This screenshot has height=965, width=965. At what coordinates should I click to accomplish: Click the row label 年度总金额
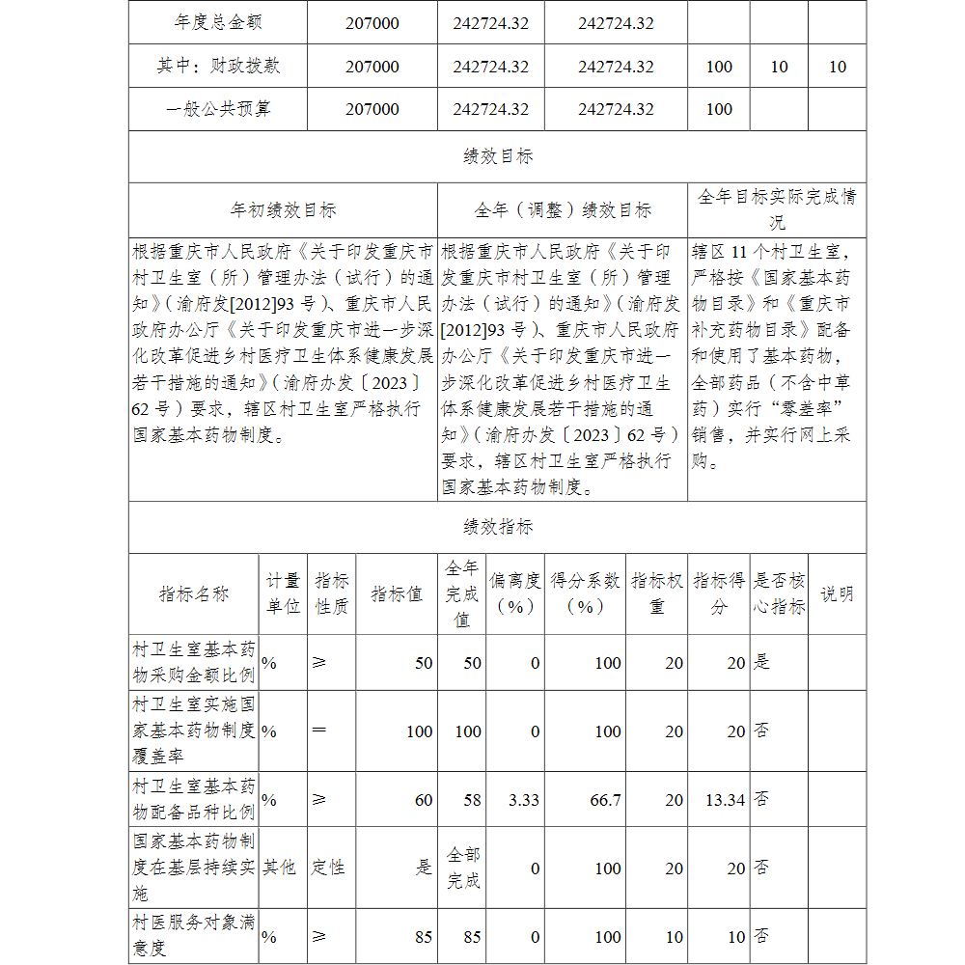(x=218, y=22)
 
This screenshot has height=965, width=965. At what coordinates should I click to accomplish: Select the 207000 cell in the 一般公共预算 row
(x=372, y=109)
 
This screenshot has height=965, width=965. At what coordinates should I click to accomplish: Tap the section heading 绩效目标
(x=497, y=156)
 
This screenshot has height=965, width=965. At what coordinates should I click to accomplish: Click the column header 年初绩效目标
(x=283, y=209)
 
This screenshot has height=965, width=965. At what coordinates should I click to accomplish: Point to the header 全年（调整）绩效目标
(x=563, y=209)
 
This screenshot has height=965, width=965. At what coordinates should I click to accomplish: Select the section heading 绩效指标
(x=497, y=527)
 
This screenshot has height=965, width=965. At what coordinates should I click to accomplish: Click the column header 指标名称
(x=194, y=593)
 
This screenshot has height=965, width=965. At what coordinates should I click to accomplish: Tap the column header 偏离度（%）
(x=514, y=593)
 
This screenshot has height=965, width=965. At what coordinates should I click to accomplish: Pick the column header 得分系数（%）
(x=585, y=593)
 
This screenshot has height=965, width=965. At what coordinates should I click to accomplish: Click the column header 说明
(x=836, y=593)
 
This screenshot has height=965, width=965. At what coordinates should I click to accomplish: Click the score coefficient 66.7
(x=605, y=799)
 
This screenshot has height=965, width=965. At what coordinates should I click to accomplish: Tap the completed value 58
(x=470, y=799)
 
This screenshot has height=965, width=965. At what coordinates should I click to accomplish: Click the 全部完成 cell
(x=462, y=868)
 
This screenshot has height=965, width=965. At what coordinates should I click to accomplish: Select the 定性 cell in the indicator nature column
(x=328, y=868)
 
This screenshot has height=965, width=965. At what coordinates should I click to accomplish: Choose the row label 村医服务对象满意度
(x=194, y=936)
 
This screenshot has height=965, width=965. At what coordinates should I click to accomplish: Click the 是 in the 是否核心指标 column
(x=761, y=662)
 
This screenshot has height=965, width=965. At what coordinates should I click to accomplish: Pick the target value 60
(x=423, y=799)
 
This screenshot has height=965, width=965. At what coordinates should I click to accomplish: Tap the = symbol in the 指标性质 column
(x=319, y=731)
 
